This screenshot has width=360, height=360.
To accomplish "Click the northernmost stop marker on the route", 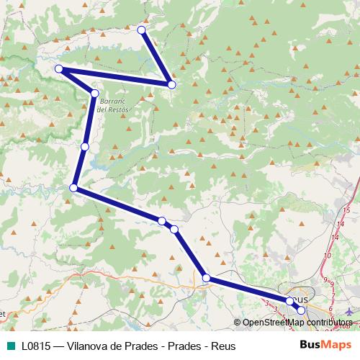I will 142,30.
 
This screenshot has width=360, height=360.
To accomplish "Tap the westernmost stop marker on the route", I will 59,69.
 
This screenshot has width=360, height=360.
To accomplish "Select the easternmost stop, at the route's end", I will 302,310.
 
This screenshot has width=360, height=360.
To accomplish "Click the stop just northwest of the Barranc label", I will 95,93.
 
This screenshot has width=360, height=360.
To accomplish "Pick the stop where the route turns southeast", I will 73,188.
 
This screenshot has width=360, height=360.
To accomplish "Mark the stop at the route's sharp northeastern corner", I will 171,85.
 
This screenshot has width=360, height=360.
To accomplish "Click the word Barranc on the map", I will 113,102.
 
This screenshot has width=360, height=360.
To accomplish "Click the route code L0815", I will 35,346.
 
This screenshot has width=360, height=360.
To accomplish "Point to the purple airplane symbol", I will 349,311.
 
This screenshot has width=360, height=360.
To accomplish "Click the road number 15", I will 346,210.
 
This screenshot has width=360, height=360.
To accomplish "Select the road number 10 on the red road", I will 328,254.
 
